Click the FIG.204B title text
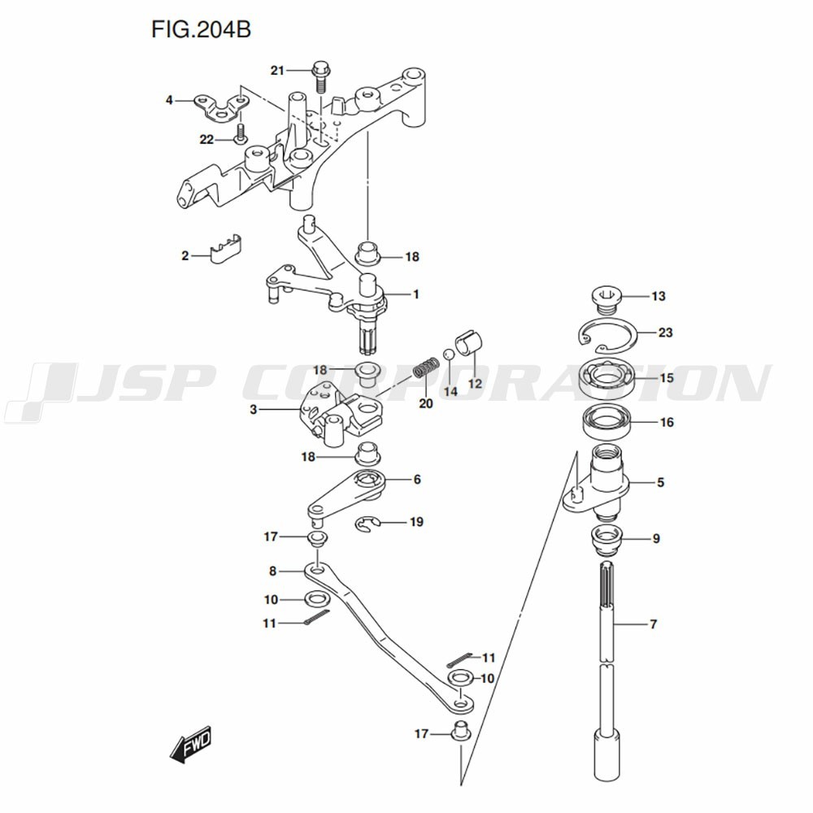[x=201, y=29]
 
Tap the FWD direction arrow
[x=190, y=744]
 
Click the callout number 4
[x=169, y=99]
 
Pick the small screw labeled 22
[x=240, y=133]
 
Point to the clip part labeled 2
[x=227, y=248]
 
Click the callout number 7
[x=654, y=624]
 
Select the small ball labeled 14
[x=449, y=354]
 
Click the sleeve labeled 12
[x=469, y=343]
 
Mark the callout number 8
[x=272, y=571]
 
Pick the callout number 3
[x=253, y=409]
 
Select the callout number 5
[x=660, y=482]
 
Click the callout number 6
[x=417, y=480]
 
